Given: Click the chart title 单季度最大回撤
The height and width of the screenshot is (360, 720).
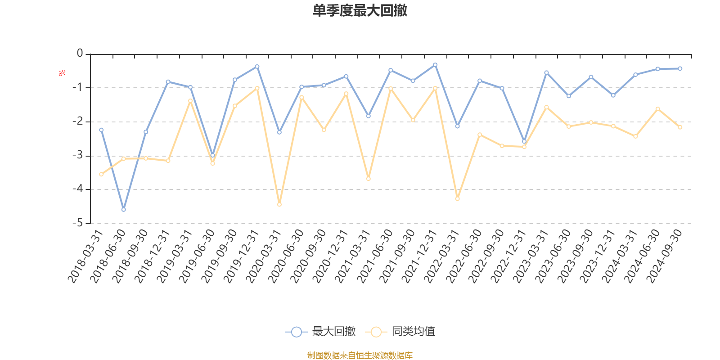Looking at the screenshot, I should (360, 11).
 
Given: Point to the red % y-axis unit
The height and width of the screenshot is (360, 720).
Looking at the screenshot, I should (62, 72).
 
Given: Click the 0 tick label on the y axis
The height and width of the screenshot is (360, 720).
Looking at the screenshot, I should (80, 54).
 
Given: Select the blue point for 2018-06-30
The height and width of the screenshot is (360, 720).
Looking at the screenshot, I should (124, 210).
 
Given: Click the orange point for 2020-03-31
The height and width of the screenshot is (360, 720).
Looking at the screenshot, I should (279, 205).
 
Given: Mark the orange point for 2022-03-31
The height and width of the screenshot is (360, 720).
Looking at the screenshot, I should (458, 198).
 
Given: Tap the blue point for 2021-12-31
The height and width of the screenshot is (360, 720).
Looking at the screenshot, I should (435, 65).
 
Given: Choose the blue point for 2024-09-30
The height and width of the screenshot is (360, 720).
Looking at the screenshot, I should (680, 68).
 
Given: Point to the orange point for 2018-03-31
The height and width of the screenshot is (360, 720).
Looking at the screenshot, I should (101, 174).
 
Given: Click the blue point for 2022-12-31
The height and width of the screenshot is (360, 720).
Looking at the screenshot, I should (524, 141).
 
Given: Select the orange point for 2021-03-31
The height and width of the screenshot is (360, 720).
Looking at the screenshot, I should (369, 179).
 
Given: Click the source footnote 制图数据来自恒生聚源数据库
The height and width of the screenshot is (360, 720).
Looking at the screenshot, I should (360, 355).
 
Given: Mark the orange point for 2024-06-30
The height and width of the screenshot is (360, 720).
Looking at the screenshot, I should (658, 108).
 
